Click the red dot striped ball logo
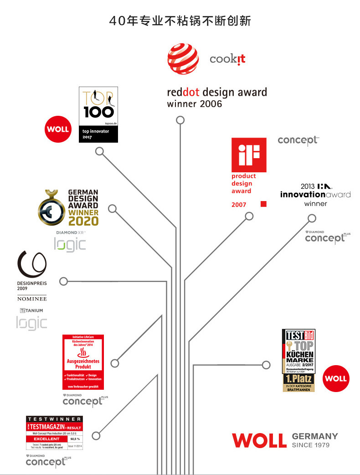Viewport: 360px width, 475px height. click(x=183, y=59)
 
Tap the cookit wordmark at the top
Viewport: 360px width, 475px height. click(x=227, y=60)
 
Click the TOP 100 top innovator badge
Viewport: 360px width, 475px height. click(x=98, y=114)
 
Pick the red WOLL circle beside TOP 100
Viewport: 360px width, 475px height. click(x=57, y=129)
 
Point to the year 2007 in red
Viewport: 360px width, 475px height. click(x=239, y=205)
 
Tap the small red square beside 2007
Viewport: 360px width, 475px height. click(x=263, y=204)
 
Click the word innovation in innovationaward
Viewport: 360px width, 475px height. click(x=303, y=195)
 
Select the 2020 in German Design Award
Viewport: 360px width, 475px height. click(x=83, y=221)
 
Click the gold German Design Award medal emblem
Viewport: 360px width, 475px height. click(x=51, y=209)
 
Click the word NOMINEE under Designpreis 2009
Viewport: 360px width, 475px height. click(x=32, y=299)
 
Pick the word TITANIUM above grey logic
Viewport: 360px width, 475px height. click(x=32, y=310)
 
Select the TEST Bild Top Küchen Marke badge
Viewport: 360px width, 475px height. click(x=298, y=360)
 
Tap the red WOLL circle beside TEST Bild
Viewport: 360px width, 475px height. click(x=335, y=378)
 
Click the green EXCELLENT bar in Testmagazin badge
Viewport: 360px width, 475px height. click(x=46, y=439)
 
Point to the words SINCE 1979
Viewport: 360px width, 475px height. click(x=310, y=445)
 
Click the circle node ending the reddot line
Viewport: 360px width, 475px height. click(x=180, y=120)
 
